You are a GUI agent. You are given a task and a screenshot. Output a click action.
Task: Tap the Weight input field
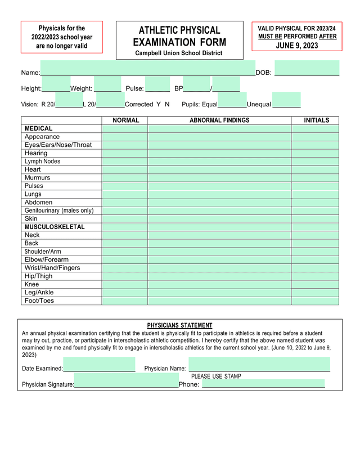107,84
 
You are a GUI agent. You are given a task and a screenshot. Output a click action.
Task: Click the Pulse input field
157,84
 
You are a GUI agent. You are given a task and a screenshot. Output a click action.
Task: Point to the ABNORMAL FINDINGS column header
219,120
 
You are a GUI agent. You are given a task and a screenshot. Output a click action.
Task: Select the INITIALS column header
316,120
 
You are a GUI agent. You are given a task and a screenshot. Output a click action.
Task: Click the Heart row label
33,169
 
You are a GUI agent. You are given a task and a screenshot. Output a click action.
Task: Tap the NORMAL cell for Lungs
124,194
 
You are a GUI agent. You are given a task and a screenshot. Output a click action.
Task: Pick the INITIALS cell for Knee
315,284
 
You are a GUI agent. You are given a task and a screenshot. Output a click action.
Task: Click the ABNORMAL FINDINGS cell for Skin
219,219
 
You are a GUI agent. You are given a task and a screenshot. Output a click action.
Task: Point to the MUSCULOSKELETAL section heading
55,227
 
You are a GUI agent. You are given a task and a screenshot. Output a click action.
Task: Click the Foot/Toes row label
39,301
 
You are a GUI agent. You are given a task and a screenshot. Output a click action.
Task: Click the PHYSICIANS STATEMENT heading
179,325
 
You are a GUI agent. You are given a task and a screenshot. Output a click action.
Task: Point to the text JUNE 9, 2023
296,46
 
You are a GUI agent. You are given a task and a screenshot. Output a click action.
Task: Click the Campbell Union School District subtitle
179,53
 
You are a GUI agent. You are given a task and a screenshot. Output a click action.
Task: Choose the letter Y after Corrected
159,104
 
